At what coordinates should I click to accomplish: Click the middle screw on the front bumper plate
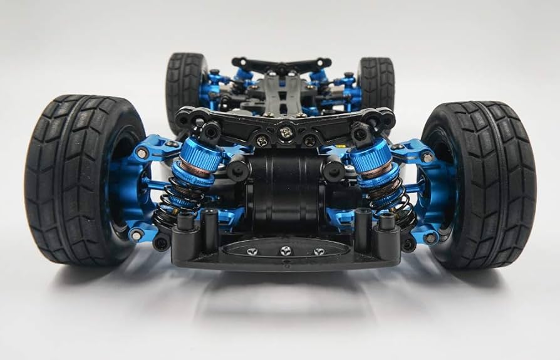[286, 250]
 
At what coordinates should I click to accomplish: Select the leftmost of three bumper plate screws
[252, 251]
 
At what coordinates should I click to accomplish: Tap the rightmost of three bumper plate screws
[319, 251]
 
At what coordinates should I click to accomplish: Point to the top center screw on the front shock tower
[286, 132]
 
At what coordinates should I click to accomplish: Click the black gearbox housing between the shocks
[285, 188]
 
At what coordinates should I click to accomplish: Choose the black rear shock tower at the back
[282, 63]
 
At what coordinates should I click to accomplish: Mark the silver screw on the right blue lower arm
[430, 238]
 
